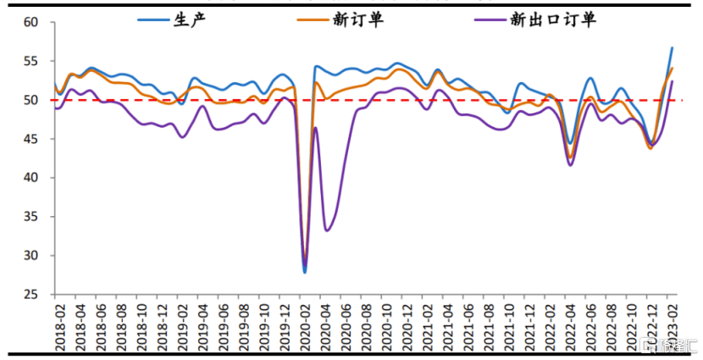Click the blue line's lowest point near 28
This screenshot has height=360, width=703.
click(305, 272)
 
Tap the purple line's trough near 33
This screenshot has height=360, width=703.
click(327, 230)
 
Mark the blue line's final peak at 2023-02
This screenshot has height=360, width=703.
click(673, 48)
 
